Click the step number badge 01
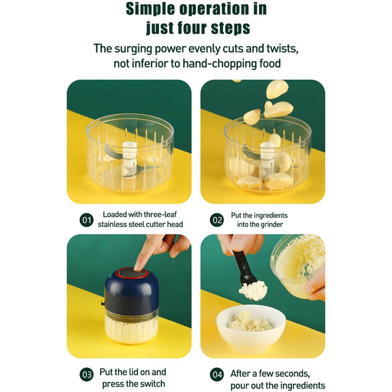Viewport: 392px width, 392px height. coord(87,220)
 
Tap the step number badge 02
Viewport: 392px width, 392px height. coord(217,220)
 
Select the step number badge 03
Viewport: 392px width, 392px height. coord(87,374)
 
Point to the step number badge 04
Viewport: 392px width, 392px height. coord(217,374)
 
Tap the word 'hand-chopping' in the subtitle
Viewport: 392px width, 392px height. coord(220,64)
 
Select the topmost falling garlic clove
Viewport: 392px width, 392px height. coord(277,89)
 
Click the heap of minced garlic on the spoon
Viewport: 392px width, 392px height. coord(253,290)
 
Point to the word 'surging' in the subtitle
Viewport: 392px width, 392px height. coord(133,49)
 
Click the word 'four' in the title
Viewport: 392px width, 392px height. coord(192,27)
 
